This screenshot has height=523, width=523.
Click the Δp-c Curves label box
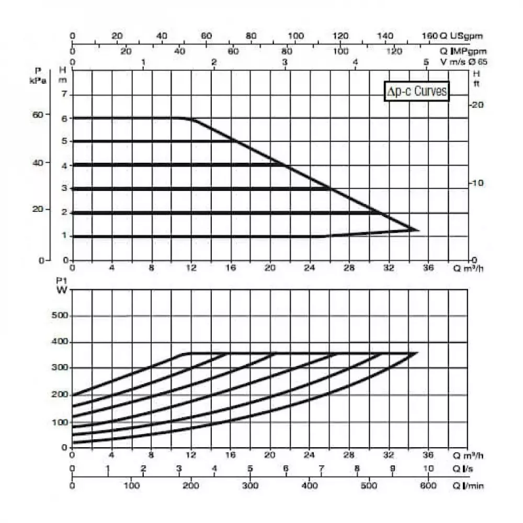(x=417, y=91)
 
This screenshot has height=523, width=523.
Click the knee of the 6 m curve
(x=188, y=119)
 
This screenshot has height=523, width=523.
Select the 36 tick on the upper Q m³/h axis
(x=428, y=268)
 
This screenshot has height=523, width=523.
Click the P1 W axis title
(x=63, y=288)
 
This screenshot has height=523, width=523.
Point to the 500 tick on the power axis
(x=60, y=316)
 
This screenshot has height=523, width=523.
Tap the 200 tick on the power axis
(x=60, y=395)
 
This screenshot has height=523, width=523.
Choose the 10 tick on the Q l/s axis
(x=428, y=469)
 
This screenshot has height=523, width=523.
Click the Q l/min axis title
(x=469, y=486)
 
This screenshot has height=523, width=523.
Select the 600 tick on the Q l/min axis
(x=428, y=486)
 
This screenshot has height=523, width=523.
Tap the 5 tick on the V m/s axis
(x=426, y=62)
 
